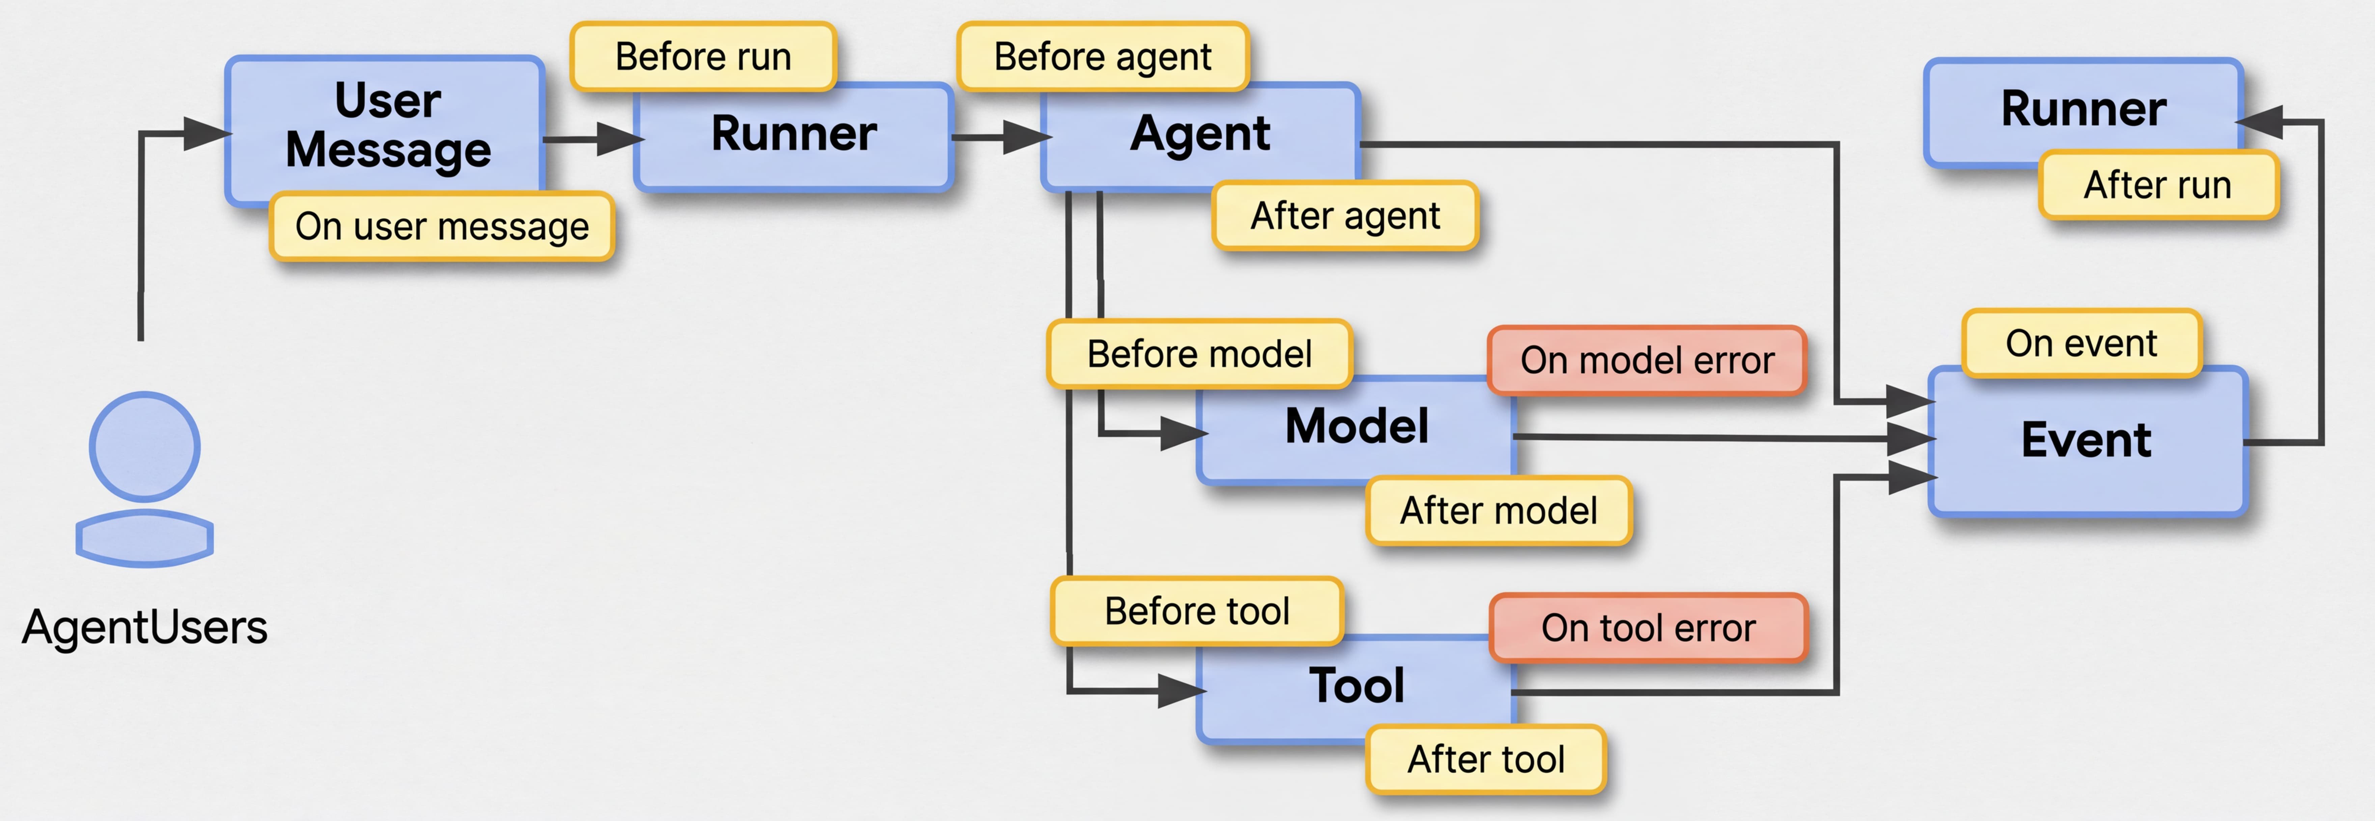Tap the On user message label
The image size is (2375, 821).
[x=442, y=226]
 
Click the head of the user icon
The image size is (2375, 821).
[x=145, y=447]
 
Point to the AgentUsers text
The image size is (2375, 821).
[x=145, y=627]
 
